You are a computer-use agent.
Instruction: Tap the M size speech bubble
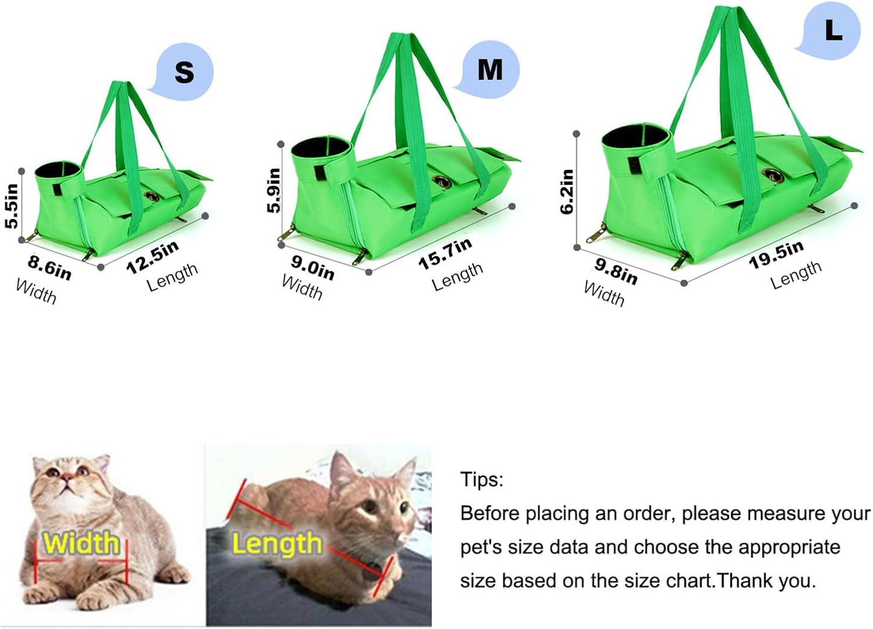point(489,69)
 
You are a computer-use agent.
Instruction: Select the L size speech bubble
point(831,30)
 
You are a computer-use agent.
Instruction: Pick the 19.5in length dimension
point(776,254)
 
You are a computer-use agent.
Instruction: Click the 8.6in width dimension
point(50,267)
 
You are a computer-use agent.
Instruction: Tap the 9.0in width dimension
point(312,267)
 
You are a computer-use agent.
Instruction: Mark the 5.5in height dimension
point(11,205)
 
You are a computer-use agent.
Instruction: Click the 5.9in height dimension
point(274,190)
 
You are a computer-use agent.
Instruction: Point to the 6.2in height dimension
point(567,191)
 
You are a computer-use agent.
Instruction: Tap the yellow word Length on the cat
point(277,543)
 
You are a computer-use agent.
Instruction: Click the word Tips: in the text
point(482,480)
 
